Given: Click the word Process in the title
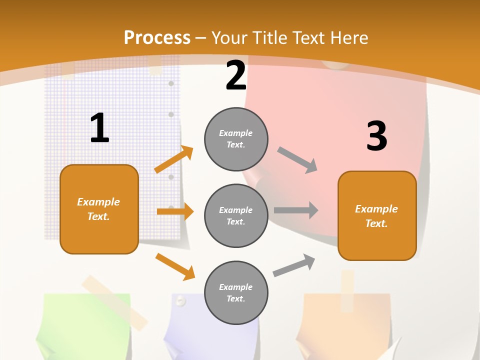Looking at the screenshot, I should coord(157,38).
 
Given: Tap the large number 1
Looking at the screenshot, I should coord(99,128).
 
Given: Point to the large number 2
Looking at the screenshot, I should coord(235,75).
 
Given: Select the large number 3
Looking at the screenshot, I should coord(376,136).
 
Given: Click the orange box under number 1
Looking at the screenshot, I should coord(99,209).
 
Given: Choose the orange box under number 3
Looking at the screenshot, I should coord(377,215).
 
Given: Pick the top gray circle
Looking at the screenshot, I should coord(236,139).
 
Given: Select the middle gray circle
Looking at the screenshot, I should coord(236,215).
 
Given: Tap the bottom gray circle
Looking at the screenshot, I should coord(236,292).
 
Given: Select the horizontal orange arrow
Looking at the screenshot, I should coord(175,211).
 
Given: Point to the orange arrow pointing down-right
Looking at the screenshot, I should coord(175,266).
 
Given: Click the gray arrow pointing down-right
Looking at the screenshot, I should coord(297,160).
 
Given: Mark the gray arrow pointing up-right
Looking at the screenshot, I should coord(294,265).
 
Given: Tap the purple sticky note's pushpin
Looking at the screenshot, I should coord(180,300).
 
